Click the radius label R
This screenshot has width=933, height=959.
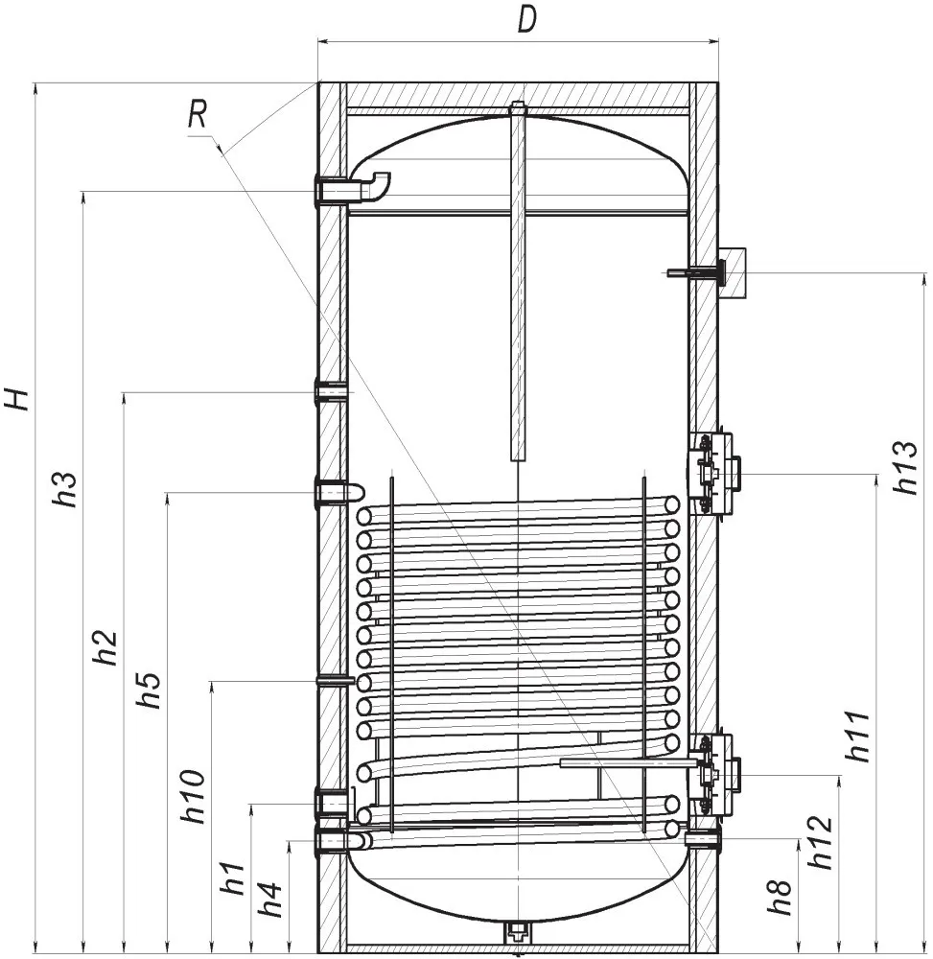click(x=198, y=114)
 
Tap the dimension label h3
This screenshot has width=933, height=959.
click(x=67, y=488)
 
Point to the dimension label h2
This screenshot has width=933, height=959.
click(x=107, y=646)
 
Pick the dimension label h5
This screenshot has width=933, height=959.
click(x=150, y=690)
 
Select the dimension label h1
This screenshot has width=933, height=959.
click(x=235, y=877)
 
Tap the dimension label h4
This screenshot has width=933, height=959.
click(x=270, y=900)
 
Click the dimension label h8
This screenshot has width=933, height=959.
click(x=781, y=898)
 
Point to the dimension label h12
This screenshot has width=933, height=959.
click(x=821, y=843)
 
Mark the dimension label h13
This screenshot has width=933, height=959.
click(x=905, y=468)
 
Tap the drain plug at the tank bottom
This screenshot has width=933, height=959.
click(x=517, y=931)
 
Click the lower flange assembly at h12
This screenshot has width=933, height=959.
click(x=715, y=775)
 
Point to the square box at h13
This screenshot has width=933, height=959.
click(x=733, y=272)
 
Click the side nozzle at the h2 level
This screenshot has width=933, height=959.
click(x=332, y=391)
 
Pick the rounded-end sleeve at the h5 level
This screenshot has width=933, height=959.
click(x=339, y=492)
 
